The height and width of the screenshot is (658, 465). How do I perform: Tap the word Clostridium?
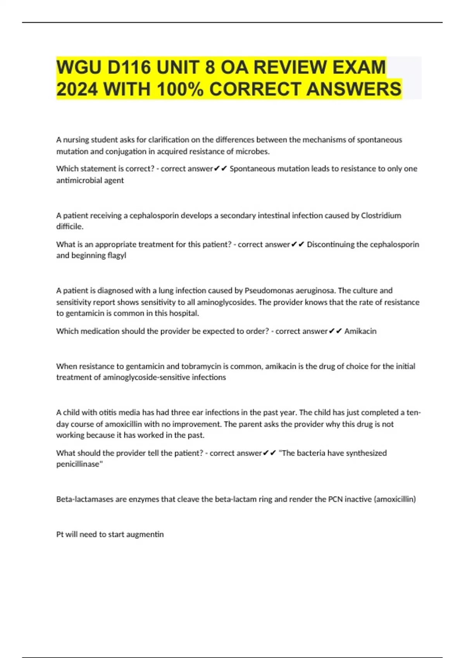click(x=381, y=216)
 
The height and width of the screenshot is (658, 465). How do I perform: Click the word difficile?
click(x=70, y=227)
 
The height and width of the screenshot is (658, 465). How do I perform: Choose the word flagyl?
click(x=117, y=255)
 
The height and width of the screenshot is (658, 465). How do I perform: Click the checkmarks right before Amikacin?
click(x=335, y=331)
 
